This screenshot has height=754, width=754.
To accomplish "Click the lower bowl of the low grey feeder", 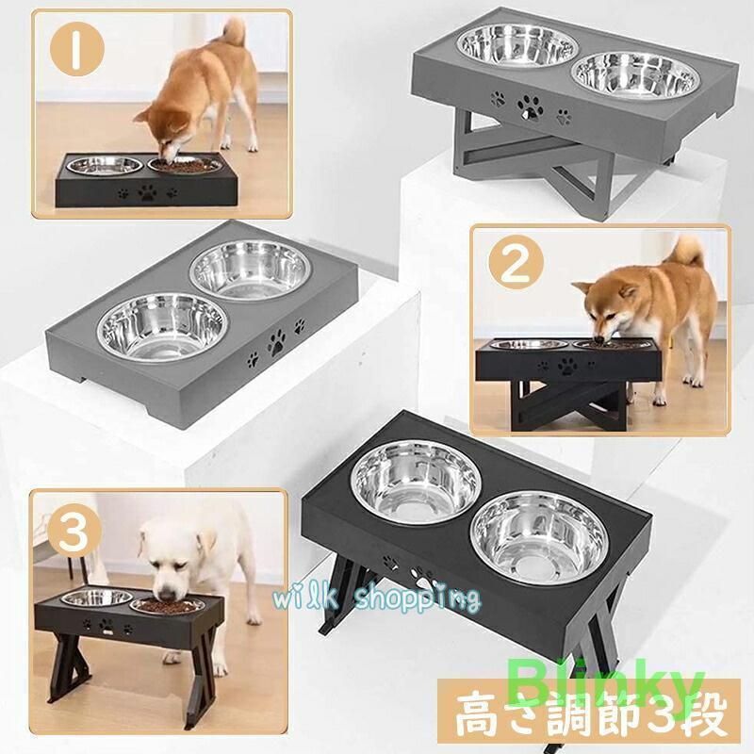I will click(162, 325).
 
